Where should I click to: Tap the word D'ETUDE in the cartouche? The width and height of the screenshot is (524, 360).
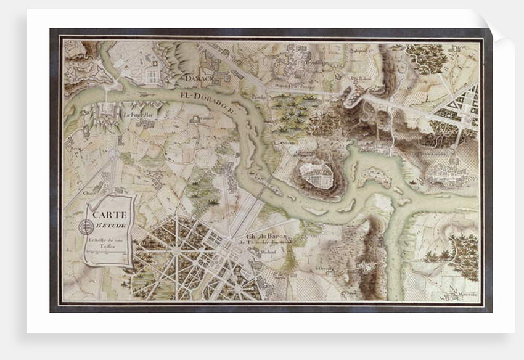(111, 224)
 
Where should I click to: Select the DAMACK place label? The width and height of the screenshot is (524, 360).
(197, 78)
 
